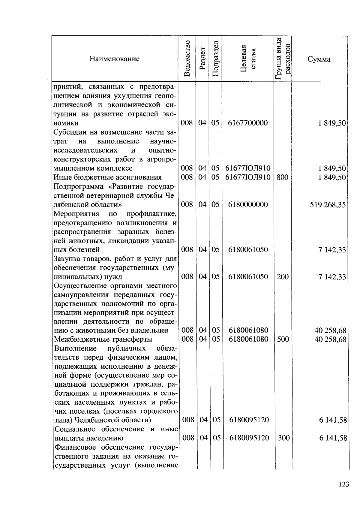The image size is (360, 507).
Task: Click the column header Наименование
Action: (114, 59)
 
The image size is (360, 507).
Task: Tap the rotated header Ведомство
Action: (187, 59)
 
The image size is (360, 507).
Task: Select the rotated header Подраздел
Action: (215, 59)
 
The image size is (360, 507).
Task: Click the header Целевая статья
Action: (248, 59)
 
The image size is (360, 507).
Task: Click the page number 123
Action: (343, 484)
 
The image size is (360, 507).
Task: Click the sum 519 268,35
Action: (328, 205)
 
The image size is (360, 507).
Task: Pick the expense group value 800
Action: (282, 177)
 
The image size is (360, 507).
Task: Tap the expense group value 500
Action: (283, 339)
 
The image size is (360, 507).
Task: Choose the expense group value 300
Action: (283, 438)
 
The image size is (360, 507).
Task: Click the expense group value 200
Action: (283, 276)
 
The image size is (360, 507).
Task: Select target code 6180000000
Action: (248, 205)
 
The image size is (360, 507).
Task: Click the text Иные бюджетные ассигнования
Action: (107, 177)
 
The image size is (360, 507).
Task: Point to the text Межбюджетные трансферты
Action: (103, 339)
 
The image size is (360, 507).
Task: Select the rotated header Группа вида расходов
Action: (283, 59)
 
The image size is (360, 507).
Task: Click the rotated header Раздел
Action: (202, 59)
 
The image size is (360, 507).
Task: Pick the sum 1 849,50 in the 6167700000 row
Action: (332, 123)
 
